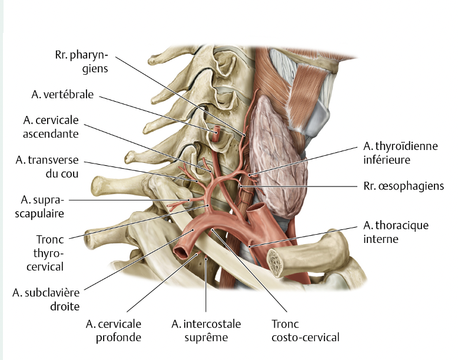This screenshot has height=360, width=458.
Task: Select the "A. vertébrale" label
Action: click(x=63, y=94)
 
